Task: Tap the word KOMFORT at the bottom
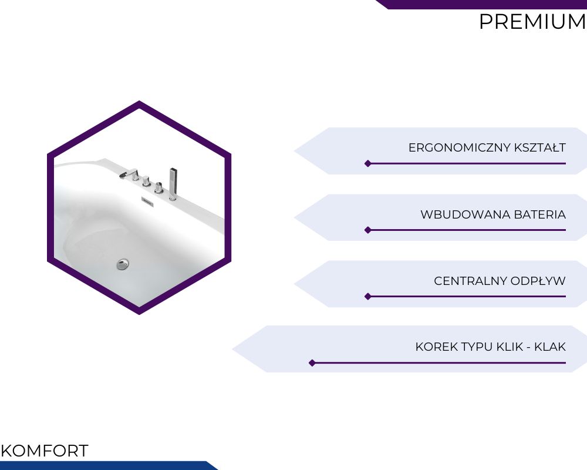click(x=45, y=451)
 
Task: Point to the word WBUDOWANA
click(x=465, y=214)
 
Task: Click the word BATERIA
click(x=540, y=214)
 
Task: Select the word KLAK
click(x=550, y=347)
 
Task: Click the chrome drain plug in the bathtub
click(x=123, y=264)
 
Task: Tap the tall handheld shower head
click(x=173, y=184)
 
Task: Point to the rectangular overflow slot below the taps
click(x=147, y=201)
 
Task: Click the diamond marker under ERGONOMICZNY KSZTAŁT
click(x=368, y=163)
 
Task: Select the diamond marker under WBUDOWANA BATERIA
click(x=368, y=230)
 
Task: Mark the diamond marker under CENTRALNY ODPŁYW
click(x=368, y=297)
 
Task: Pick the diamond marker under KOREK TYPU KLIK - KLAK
click(x=312, y=363)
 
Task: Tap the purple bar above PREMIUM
click(x=483, y=4)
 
